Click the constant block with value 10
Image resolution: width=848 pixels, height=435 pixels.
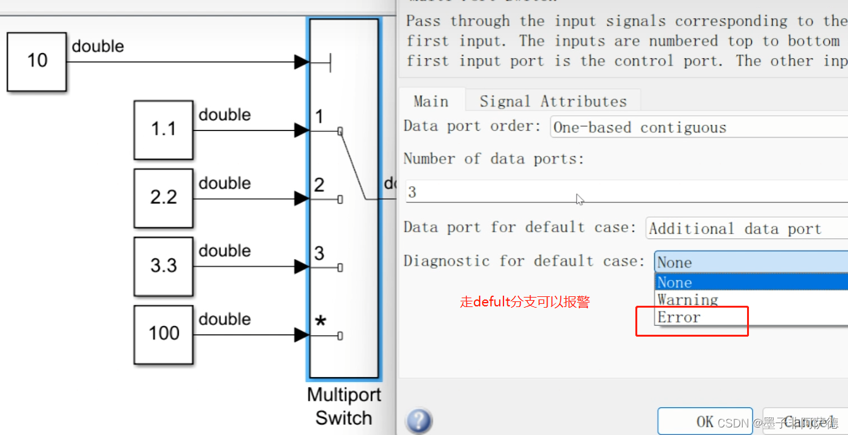pos(37,62)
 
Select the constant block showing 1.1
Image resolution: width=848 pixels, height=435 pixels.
pos(163,130)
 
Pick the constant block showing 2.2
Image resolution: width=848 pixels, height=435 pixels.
pos(163,198)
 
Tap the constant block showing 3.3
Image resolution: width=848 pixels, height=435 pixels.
pos(163,266)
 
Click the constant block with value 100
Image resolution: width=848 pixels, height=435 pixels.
pos(163,334)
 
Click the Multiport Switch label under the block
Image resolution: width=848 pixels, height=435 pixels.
pos(344,407)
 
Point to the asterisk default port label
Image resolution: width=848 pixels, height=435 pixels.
pos(321,322)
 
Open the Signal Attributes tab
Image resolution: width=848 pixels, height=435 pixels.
pos(553,101)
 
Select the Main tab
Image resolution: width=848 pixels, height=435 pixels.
pos(431,101)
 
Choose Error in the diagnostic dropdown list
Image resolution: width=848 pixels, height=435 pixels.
pos(679,317)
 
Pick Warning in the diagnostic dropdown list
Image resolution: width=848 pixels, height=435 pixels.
pos(687,299)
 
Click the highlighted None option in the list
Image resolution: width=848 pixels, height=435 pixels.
pos(674,282)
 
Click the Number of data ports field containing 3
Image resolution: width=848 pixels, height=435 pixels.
pos(625,192)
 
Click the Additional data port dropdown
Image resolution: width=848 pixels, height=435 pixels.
pos(745,229)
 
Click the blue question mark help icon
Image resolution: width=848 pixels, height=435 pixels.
pos(419,420)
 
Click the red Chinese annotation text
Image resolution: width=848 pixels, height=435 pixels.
pos(525,302)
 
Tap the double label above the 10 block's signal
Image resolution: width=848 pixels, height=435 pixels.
pos(98,47)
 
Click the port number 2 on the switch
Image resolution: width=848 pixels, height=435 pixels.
pos(319,185)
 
